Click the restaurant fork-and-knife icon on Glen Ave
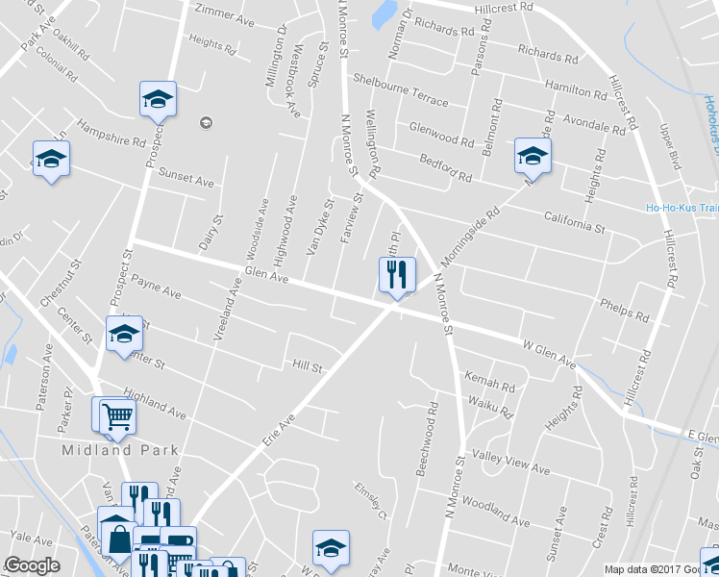(x=396, y=276)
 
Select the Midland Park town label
(x=108, y=449)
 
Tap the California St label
(x=573, y=223)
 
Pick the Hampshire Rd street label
(x=111, y=135)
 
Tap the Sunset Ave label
(x=186, y=180)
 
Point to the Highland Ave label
(x=154, y=404)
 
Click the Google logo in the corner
(x=32, y=566)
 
